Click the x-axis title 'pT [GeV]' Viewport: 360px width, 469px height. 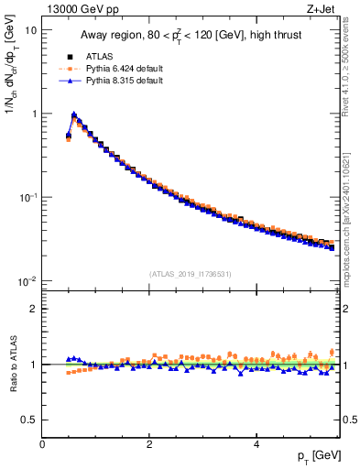coord(318,455)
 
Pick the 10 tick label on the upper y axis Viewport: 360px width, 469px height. coord(29,30)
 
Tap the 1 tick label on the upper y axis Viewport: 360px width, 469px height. coord(33,114)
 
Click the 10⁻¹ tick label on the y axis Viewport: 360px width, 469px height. coord(27,197)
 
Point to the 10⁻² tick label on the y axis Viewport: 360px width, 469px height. coord(27,280)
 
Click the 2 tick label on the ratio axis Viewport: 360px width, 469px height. coord(33,309)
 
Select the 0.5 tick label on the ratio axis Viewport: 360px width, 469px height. coord(28,420)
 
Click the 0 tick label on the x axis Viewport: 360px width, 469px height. coord(42,443)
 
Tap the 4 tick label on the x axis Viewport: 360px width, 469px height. coord(256,443)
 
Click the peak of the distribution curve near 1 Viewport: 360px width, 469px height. coord(74,116)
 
